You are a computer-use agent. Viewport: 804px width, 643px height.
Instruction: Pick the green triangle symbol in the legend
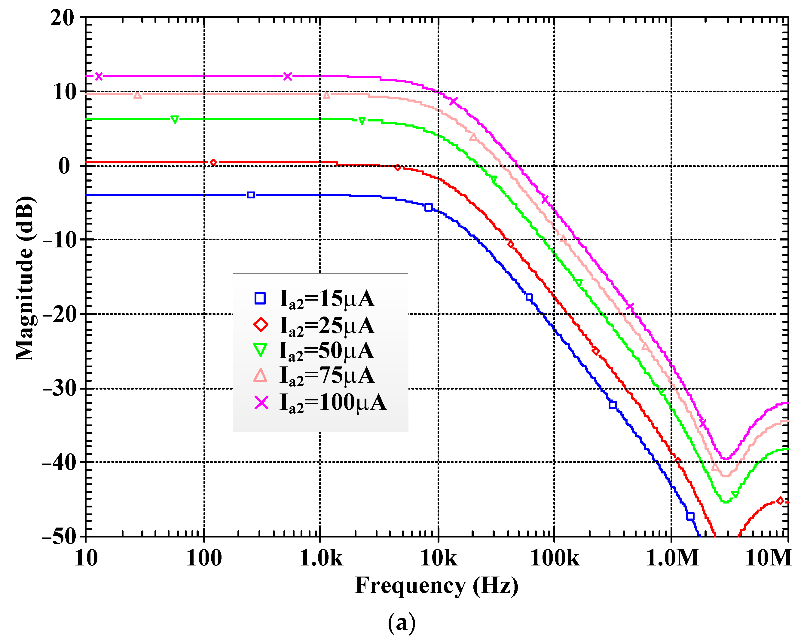260,350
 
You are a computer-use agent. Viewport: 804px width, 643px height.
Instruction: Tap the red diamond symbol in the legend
260,324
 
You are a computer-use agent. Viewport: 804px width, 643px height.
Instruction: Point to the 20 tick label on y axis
62,17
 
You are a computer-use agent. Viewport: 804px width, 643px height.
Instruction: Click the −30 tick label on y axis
59,389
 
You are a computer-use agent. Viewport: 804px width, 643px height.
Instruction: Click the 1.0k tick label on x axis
321,558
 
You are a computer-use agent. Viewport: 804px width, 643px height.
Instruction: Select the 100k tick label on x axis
554,558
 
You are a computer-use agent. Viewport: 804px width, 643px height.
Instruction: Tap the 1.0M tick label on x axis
672,558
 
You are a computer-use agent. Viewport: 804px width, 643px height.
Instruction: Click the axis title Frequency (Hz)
436,586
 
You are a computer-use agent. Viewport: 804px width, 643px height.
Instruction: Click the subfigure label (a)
402,623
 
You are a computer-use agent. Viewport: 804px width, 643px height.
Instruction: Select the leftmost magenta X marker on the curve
99,76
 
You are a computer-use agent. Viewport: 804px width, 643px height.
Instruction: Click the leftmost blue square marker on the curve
251,195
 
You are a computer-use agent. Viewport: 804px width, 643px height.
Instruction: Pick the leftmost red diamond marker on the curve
213,163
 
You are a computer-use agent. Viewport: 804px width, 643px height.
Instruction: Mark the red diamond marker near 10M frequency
780,501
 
